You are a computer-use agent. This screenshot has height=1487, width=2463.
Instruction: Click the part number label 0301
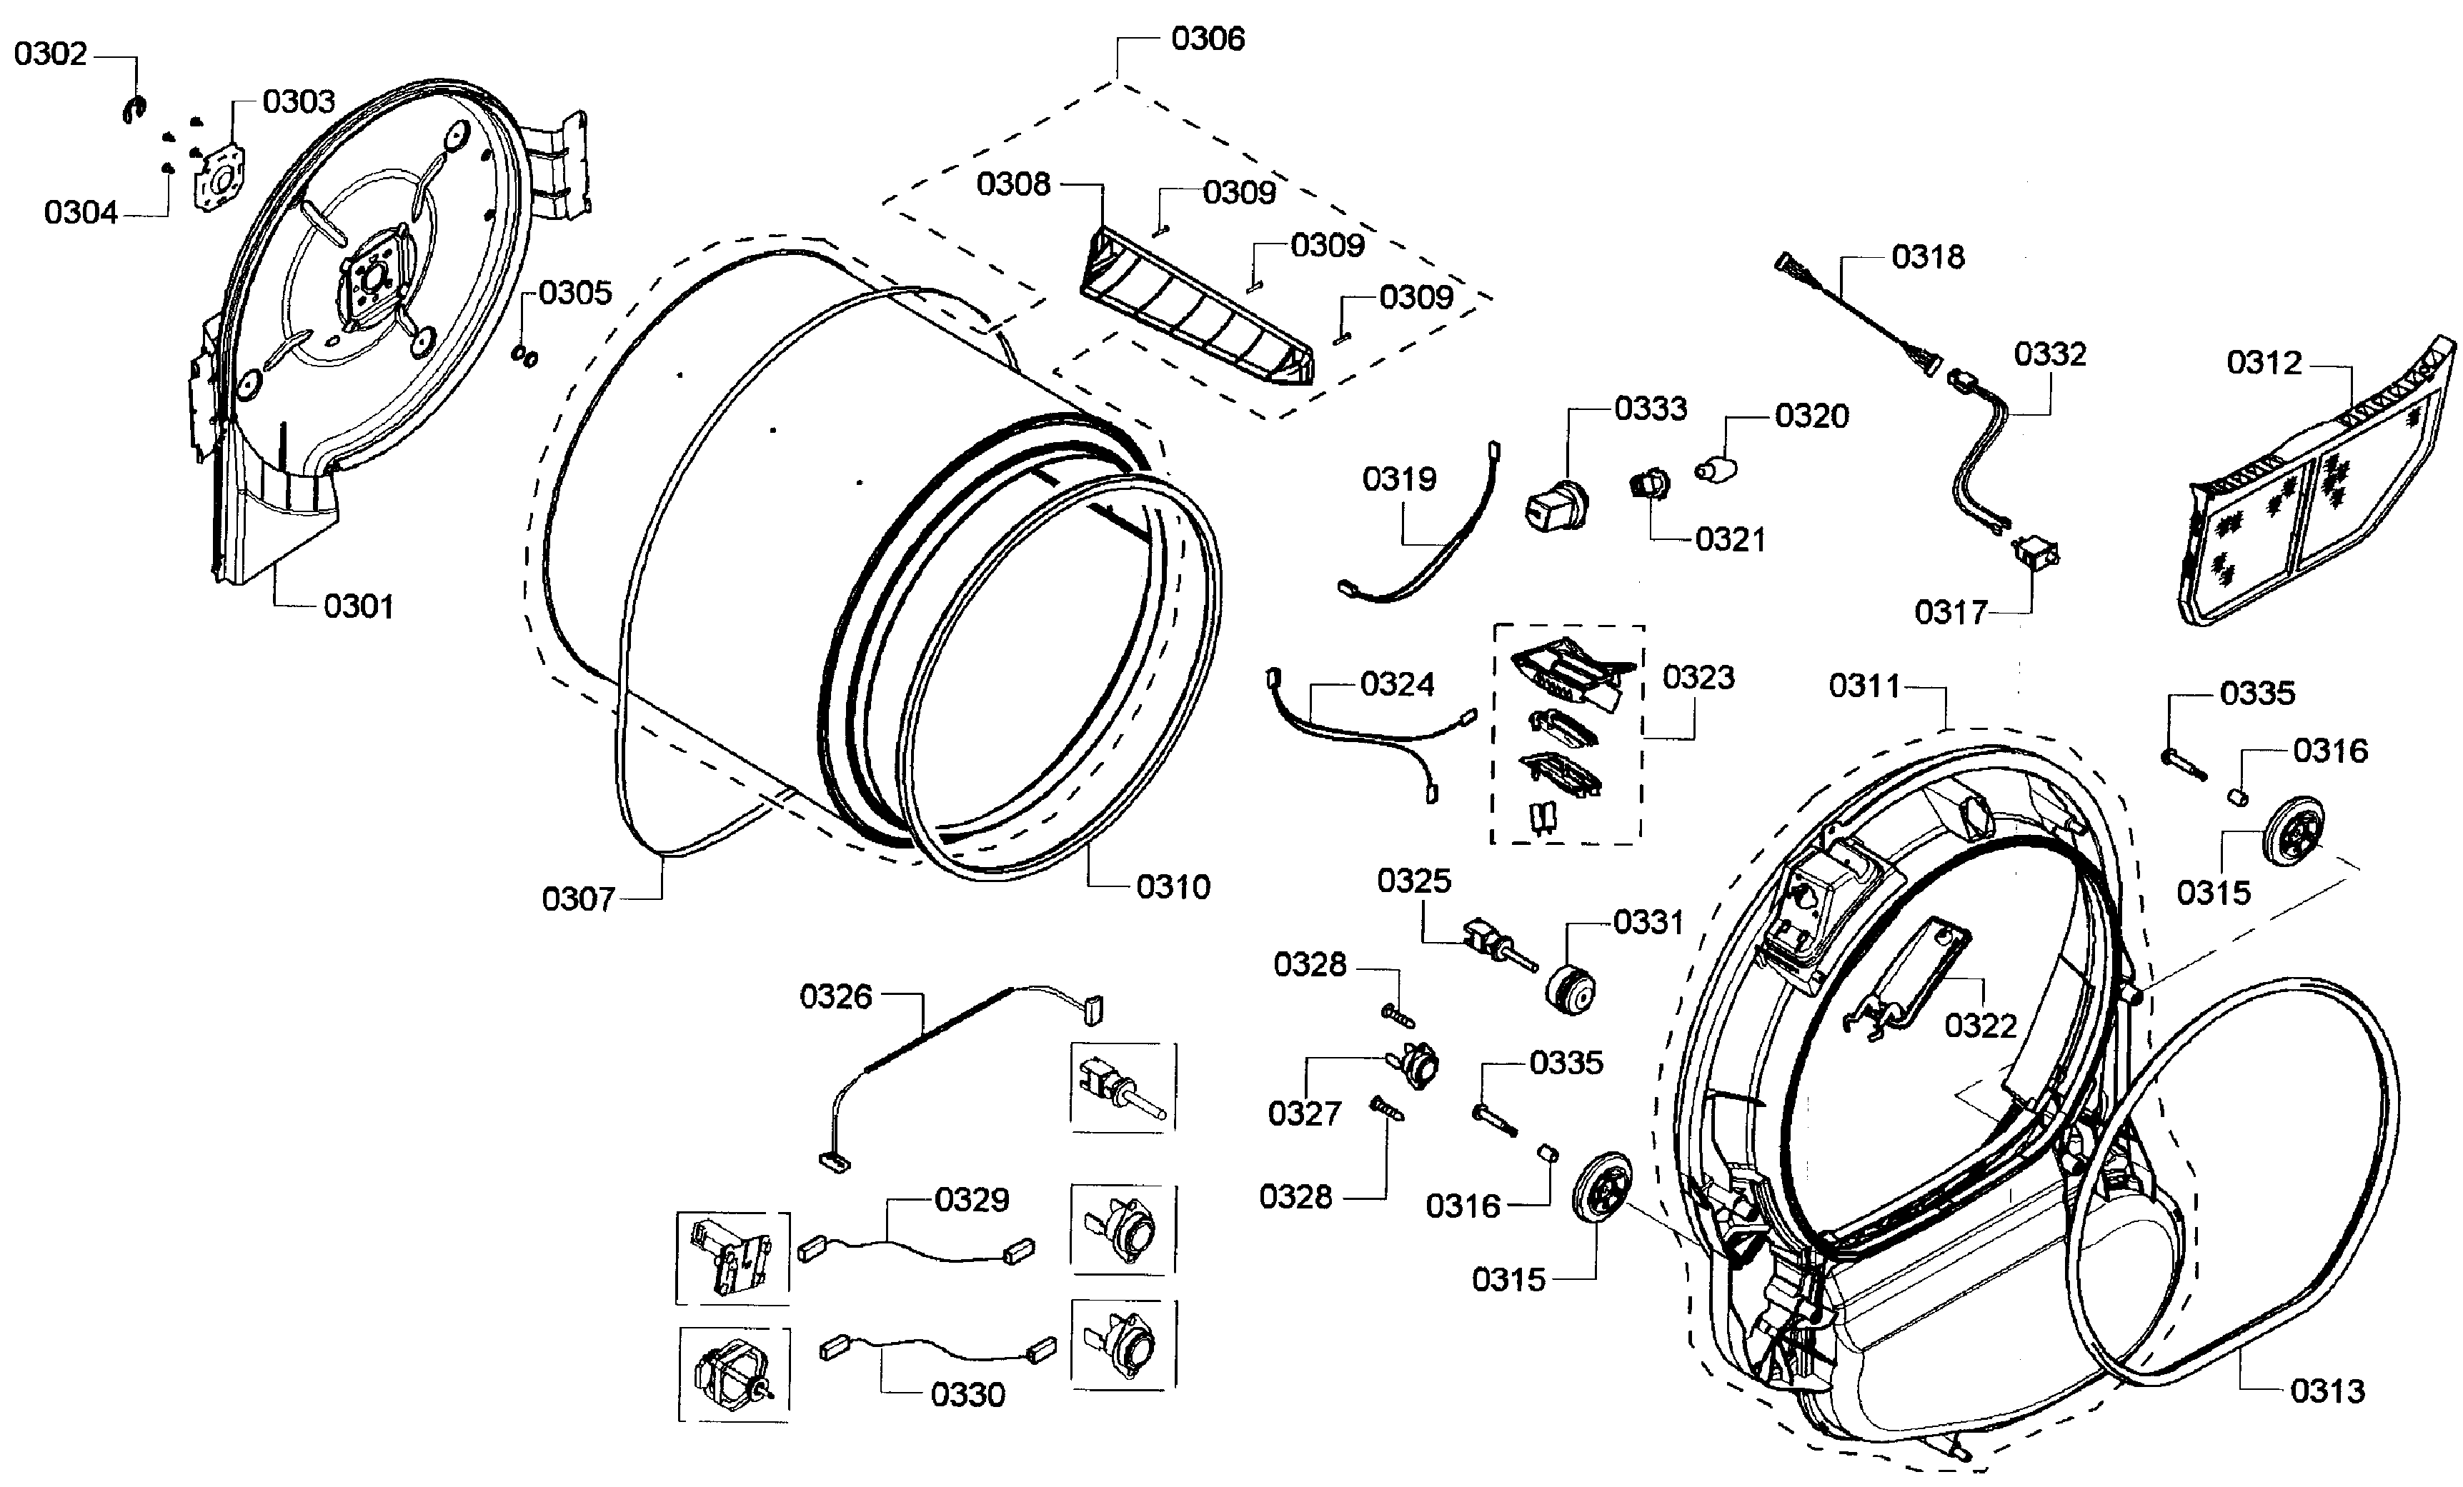pyautogui.click(x=358, y=606)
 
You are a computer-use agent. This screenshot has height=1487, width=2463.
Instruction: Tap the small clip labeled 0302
pyautogui.click(x=134, y=110)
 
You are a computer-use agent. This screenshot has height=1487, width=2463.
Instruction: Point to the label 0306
pyautogui.click(x=1208, y=39)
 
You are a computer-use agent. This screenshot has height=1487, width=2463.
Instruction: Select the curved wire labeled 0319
pyautogui.click(x=1420, y=540)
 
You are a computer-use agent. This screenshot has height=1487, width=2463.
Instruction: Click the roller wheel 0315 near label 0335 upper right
pyautogui.click(x=2291, y=829)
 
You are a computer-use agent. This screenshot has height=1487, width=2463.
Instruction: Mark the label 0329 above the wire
pyautogui.click(x=972, y=1199)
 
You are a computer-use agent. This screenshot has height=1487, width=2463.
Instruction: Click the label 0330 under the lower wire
pyautogui.click(x=967, y=1394)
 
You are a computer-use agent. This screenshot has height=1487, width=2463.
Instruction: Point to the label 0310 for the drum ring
pyautogui.click(x=1173, y=887)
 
